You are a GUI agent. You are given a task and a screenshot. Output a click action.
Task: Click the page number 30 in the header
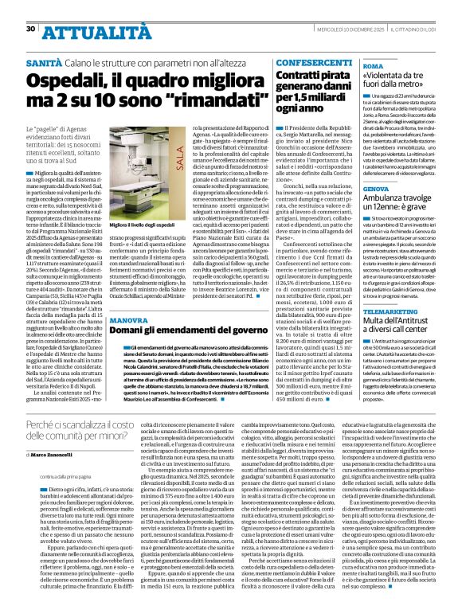(x=31, y=7)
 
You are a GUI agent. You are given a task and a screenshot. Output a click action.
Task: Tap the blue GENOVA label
(x=376, y=189)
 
